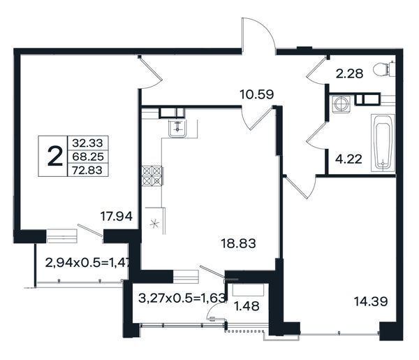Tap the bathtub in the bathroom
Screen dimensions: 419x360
[x=383, y=143]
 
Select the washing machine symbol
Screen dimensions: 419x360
[x=341, y=103]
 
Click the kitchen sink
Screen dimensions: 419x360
[x=177, y=129]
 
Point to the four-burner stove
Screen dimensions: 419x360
[x=152, y=175]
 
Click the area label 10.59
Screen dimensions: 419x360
[x=257, y=94]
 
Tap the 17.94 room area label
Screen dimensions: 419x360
[x=116, y=216]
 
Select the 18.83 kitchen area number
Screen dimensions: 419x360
[x=238, y=243]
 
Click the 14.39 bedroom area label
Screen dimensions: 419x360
[x=371, y=301]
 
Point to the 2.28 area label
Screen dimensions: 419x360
[x=349, y=73]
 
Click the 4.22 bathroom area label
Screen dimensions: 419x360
[x=348, y=159]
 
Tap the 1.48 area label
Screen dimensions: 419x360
[x=247, y=306]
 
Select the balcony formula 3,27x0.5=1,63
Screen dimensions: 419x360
[x=182, y=298]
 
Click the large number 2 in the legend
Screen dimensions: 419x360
[x=54, y=156]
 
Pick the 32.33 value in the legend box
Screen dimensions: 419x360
[x=87, y=143]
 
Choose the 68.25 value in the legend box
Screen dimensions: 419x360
[x=88, y=157]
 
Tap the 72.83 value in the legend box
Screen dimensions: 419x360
[x=87, y=170]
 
